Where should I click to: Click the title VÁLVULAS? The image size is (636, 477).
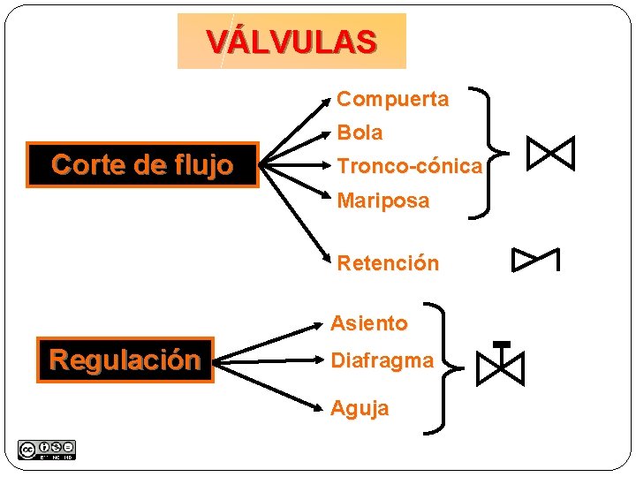pos(291,42)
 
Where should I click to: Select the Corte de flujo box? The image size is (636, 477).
pos(142,165)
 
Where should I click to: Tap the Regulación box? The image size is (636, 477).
pos(125,360)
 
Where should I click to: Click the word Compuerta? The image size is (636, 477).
pos(392,99)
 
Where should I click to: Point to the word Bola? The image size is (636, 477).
pos(360,132)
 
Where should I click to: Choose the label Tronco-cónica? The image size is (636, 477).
pos(409,165)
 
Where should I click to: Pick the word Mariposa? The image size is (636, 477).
pos(382,201)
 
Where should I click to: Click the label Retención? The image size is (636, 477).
pos(387,262)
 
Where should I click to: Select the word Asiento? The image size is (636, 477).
pos(368,323)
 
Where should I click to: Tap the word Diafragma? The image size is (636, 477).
pos(382,360)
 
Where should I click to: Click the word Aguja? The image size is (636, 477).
pos(359,407)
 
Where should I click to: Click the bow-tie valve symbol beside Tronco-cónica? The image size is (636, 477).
pos(550,154)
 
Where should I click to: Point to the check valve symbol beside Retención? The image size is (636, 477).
pos(536,260)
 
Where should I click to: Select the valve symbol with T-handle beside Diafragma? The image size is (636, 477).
pos(501,364)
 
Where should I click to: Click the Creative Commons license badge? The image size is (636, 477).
pos(46,450)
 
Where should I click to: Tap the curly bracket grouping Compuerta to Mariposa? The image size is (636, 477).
pos(489,151)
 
